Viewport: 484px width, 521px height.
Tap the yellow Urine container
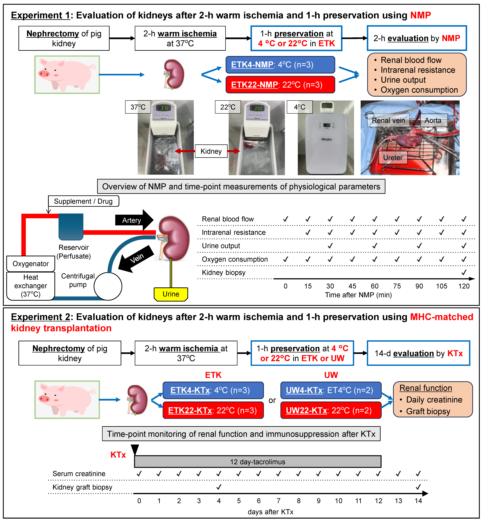click(171, 294)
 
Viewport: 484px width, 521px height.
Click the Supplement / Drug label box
click(83, 201)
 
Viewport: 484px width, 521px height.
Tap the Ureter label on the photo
click(393, 158)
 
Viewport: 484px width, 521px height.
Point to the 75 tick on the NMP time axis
click(397, 286)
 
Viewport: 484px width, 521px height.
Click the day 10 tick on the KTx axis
click(338, 501)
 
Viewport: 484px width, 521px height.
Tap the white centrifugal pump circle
click(108, 286)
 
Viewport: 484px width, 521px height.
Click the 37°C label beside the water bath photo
click(138, 107)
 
